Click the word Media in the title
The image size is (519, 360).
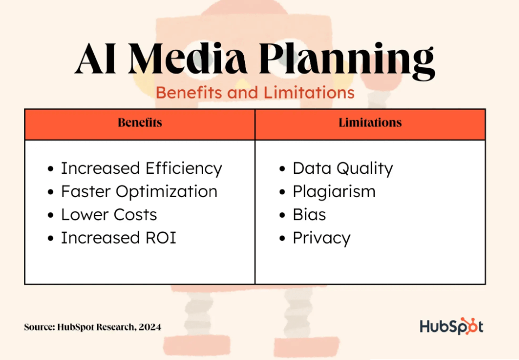click(187, 58)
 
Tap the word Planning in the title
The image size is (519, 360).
click(347, 61)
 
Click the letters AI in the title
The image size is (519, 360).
click(95, 58)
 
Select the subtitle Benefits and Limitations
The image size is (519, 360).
click(255, 93)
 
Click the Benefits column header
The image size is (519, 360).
click(140, 122)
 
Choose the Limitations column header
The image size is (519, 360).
click(370, 122)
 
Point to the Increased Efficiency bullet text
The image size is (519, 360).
click(141, 168)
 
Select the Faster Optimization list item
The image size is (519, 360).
click(139, 192)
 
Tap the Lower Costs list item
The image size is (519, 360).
click(109, 215)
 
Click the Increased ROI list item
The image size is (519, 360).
click(119, 238)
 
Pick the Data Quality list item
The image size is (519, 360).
click(343, 168)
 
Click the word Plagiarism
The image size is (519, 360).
click(334, 192)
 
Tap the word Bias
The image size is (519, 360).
click(309, 215)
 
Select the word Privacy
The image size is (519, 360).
click(322, 238)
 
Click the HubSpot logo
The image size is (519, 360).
click(451, 326)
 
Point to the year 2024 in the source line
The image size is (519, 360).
click(150, 327)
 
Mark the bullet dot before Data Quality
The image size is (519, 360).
click(282, 169)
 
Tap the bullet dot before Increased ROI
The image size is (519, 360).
click(50, 238)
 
